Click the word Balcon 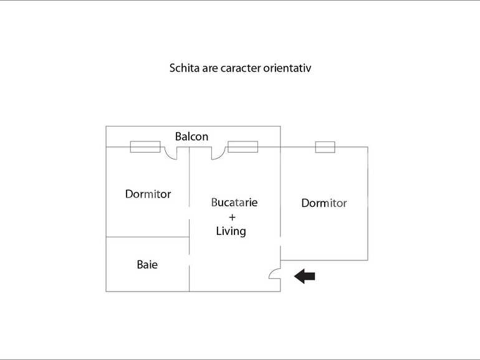tap(191, 136)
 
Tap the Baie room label tap(147, 265)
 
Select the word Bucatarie tap(234, 202)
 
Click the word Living tap(231, 231)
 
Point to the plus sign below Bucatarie tap(232, 217)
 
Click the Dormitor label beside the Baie tap(148, 194)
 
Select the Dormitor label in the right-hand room tap(324, 203)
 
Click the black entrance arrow tap(305, 276)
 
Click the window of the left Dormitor tap(145, 147)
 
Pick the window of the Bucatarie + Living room tap(242, 147)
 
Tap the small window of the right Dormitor tap(325, 147)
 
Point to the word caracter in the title tap(241, 69)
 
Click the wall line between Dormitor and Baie tap(148, 237)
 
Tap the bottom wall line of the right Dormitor tap(324, 260)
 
